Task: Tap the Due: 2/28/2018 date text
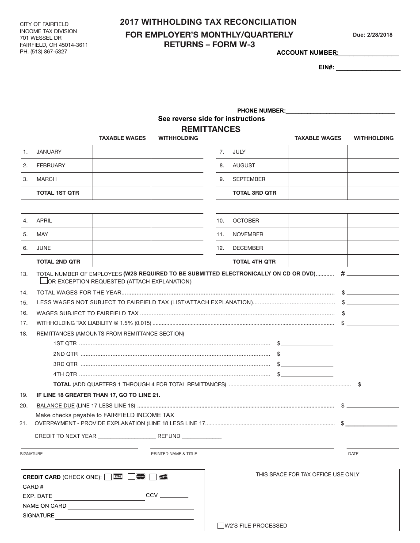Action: click(x=372, y=35)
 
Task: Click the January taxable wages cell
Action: click(x=121, y=152)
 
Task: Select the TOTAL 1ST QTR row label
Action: click(x=58, y=193)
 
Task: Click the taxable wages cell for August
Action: click(x=317, y=166)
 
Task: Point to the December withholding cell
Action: click(x=373, y=248)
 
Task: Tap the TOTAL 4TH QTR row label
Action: click(x=254, y=262)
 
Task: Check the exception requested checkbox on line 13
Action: click(x=44, y=281)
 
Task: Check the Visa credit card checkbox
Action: click(x=108, y=477)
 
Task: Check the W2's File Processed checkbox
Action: click(x=221, y=526)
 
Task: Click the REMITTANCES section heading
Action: click(x=211, y=129)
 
